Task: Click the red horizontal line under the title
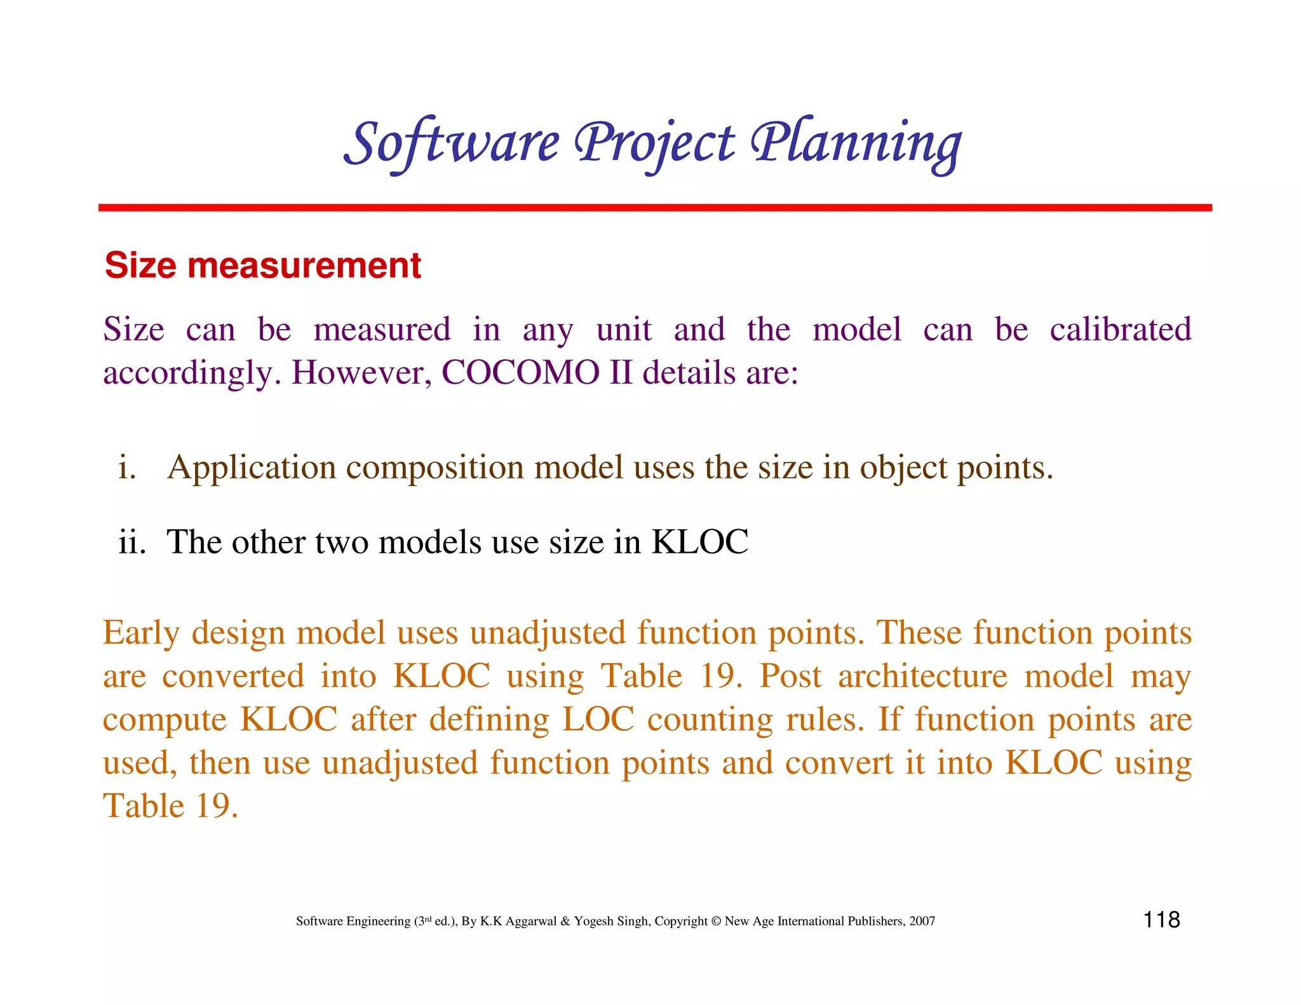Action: (654, 208)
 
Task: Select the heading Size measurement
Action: (262, 265)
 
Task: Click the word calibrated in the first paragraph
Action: (1120, 330)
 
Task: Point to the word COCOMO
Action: (520, 372)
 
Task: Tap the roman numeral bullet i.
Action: (127, 468)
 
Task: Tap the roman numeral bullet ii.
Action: (132, 542)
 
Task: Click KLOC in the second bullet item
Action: (700, 542)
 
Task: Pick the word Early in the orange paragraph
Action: (141, 633)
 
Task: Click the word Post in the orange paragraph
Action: (790, 676)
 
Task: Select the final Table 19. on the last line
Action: (170, 806)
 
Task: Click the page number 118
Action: (1161, 919)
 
